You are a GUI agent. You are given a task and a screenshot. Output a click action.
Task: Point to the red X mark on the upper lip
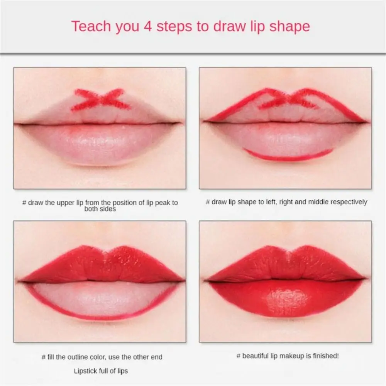101,100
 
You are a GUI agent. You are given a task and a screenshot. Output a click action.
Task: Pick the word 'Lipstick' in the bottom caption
85,371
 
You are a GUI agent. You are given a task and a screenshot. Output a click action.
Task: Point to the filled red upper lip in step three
100,264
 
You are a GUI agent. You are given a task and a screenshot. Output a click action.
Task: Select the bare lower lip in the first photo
100,145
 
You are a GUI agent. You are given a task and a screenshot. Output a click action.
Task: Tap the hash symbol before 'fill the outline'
44,357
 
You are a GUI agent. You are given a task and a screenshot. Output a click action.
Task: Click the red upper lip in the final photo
286,264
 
